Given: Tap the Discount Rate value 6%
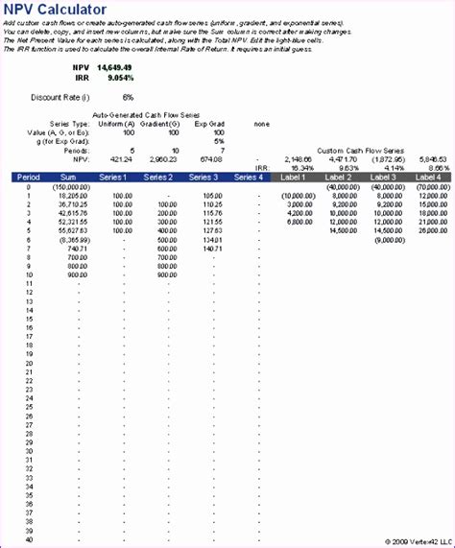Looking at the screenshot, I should (128, 98).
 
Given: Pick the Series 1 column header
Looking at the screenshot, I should (115, 177).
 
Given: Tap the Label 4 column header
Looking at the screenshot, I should (427, 177).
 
